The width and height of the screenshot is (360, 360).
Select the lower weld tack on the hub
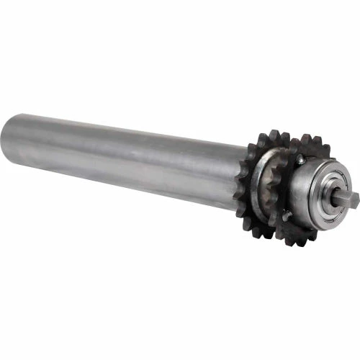(287, 216)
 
